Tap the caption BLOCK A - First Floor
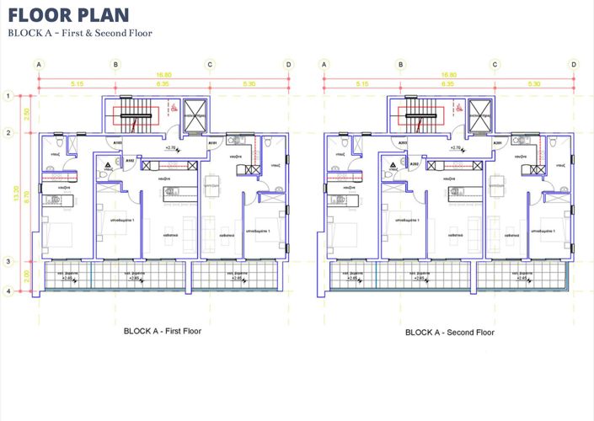162,332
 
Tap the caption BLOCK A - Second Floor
449,332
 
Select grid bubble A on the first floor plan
39,64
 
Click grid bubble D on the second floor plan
574,64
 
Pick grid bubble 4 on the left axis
8,291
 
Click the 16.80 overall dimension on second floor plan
449,74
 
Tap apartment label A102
131,159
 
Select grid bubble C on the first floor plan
210,64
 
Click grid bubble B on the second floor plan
402,64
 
